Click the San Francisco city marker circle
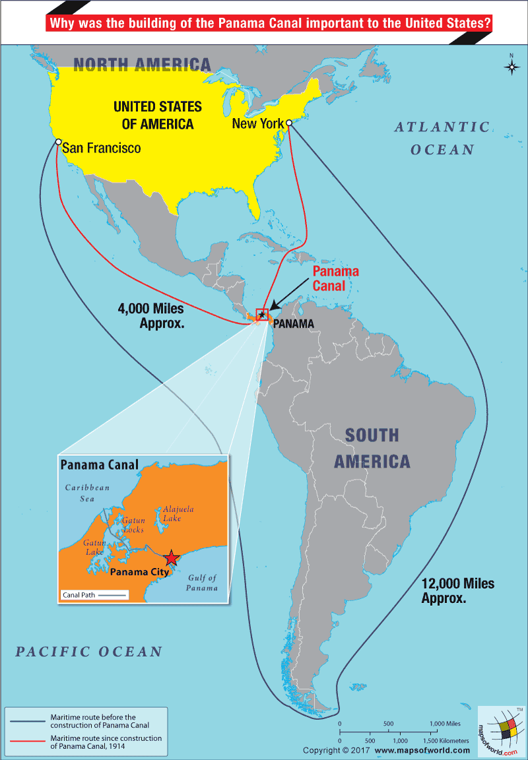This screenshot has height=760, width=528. click(58, 142)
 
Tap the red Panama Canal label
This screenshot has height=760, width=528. click(335, 278)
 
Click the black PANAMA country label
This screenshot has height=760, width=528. click(293, 324)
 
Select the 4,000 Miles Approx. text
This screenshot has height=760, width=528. click(150, 315)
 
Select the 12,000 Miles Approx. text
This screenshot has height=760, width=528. click(457, 590)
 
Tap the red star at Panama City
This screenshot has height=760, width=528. click(172, 558)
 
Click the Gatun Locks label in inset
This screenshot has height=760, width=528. click(133, 525)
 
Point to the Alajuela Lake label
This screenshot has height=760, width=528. click(178, 514)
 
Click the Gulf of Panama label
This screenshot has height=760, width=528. click(201, 583)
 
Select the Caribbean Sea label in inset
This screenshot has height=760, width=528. click(80, 493)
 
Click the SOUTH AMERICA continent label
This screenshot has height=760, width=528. click(372, 448)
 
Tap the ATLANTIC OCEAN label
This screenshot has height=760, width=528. click(442, 138)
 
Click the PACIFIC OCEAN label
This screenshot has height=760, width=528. click(89, 652)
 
